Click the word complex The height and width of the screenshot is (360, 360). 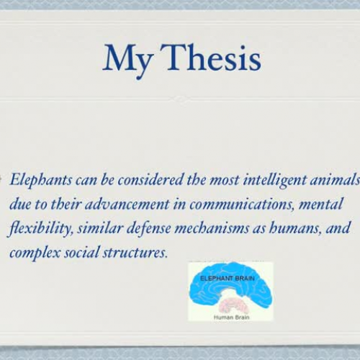point(34,253)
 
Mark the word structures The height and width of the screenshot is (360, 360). point(135,253)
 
